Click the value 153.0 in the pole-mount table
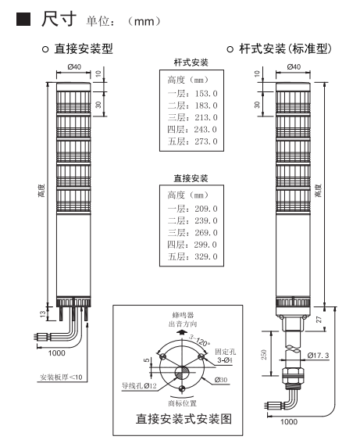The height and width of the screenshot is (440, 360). [206, 94]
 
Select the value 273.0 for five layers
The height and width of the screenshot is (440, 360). [206, 141]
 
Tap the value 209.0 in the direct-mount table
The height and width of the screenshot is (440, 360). [206, 209]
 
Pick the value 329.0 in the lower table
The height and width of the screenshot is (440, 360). [206, 256]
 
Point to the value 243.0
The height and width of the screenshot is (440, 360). [205, 130]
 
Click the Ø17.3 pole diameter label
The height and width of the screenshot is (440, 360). [319, 356]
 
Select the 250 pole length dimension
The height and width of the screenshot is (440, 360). [264, 355]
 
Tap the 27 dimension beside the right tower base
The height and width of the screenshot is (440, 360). [319, 320]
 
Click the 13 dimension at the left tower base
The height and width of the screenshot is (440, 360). [43, 313]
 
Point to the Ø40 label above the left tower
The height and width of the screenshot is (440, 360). [74, 66]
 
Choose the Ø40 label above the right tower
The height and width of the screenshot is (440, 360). [294, 66]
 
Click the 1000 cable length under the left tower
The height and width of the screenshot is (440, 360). [57, 353]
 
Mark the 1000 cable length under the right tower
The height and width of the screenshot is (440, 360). [289, 422]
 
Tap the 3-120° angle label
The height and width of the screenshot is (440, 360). [199, 340]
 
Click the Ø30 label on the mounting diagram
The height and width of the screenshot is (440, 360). [221, 380]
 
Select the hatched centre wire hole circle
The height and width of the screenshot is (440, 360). [182, 373]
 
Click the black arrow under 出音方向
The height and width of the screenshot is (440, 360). [182, 332]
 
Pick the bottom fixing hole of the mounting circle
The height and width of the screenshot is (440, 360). [182, 388]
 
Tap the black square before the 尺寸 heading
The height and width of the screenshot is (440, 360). [23, 19]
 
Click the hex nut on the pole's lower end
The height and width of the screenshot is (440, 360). [293, 375]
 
